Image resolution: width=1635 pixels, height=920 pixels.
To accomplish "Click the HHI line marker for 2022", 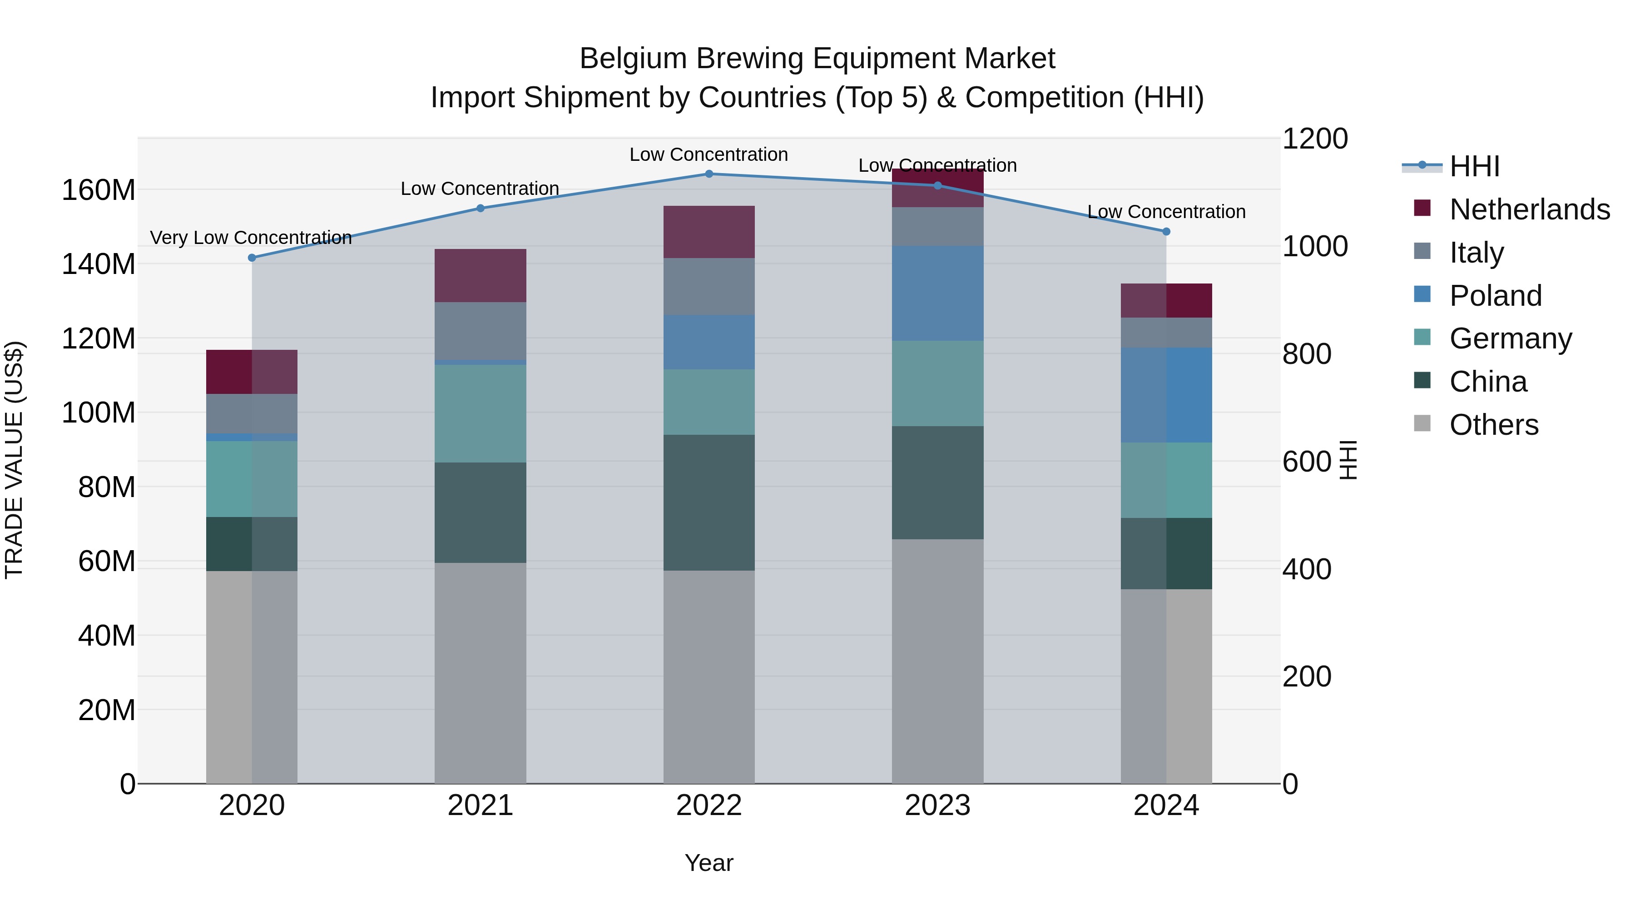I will (709, 174).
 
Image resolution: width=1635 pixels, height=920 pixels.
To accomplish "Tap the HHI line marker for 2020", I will (252, 258).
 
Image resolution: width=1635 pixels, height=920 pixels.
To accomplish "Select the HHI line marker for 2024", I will (1166, 232).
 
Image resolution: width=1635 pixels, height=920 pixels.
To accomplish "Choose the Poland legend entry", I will (1496, 296).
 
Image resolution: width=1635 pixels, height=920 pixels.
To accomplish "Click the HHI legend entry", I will (1474, 166).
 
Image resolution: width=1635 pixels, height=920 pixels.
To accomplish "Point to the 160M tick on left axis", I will (99, 190).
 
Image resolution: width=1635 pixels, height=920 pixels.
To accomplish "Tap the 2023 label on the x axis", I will (937, 806).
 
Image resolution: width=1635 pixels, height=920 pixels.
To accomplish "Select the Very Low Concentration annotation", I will (251, 238).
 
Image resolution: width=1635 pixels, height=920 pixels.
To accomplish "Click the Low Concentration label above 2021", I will (480, 189).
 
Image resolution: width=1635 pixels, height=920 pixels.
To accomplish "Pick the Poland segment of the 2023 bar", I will (937, 293).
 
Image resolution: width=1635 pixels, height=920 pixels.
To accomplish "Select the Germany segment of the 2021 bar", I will (481, 413).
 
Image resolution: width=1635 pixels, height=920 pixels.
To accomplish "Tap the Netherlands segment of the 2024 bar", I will (1166, 300).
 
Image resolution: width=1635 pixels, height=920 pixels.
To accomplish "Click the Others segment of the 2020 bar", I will (252, 677).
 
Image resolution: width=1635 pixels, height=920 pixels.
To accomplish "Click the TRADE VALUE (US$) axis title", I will (15, 460).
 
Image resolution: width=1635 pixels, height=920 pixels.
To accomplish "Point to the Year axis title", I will (709, 863).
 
